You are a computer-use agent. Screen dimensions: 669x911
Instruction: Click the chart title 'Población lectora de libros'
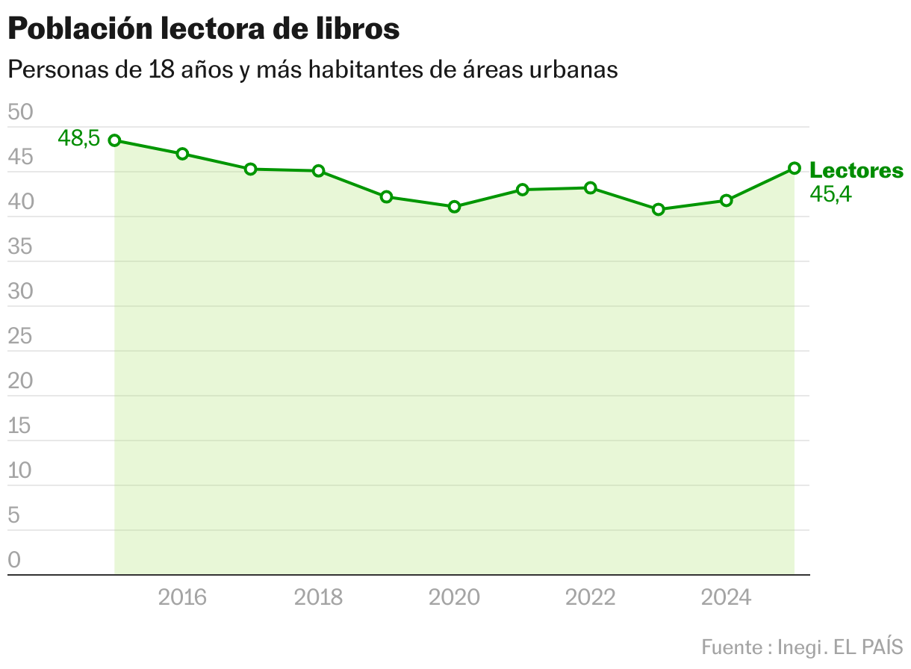click(x=204, y=29)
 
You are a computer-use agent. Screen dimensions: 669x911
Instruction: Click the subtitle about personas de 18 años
click(x=312, y=69)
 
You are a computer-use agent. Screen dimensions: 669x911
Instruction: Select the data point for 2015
click(x=114, y=140)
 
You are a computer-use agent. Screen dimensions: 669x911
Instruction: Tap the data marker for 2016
click(x=182, y=154)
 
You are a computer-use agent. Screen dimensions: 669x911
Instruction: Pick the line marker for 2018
click(x=318, y=171)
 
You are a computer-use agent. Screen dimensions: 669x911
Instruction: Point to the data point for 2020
click(x=454, y=207)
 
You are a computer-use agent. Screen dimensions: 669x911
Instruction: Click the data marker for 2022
click(x=590, y=188)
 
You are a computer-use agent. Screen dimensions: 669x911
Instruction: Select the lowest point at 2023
click(x=658, y=210)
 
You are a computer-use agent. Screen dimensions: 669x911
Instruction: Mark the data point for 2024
click(x=726, y=200)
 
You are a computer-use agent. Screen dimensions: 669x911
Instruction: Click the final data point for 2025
click(x=795, y=168)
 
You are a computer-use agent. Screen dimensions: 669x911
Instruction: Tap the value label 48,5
click(x=78, y=138)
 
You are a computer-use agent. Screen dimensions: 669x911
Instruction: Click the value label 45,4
click(x=831, y=195)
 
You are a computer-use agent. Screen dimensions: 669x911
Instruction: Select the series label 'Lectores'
click(x=856, y=170)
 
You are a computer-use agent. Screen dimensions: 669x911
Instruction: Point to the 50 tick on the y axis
click(x=20, y=113)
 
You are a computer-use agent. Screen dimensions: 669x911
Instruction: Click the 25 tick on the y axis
click(x=20, y=337)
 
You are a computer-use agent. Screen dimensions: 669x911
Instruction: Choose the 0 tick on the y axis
click(x=14, y=561)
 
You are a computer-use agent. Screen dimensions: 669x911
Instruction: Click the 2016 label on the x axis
click(x=183, y=597)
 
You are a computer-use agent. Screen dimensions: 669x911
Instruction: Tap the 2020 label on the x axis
click(x=455, y=597)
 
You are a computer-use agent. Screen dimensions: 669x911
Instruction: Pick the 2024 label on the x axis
click(x=727, y=597)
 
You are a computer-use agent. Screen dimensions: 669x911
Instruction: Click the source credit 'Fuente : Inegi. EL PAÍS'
click(x=802, y=646)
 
